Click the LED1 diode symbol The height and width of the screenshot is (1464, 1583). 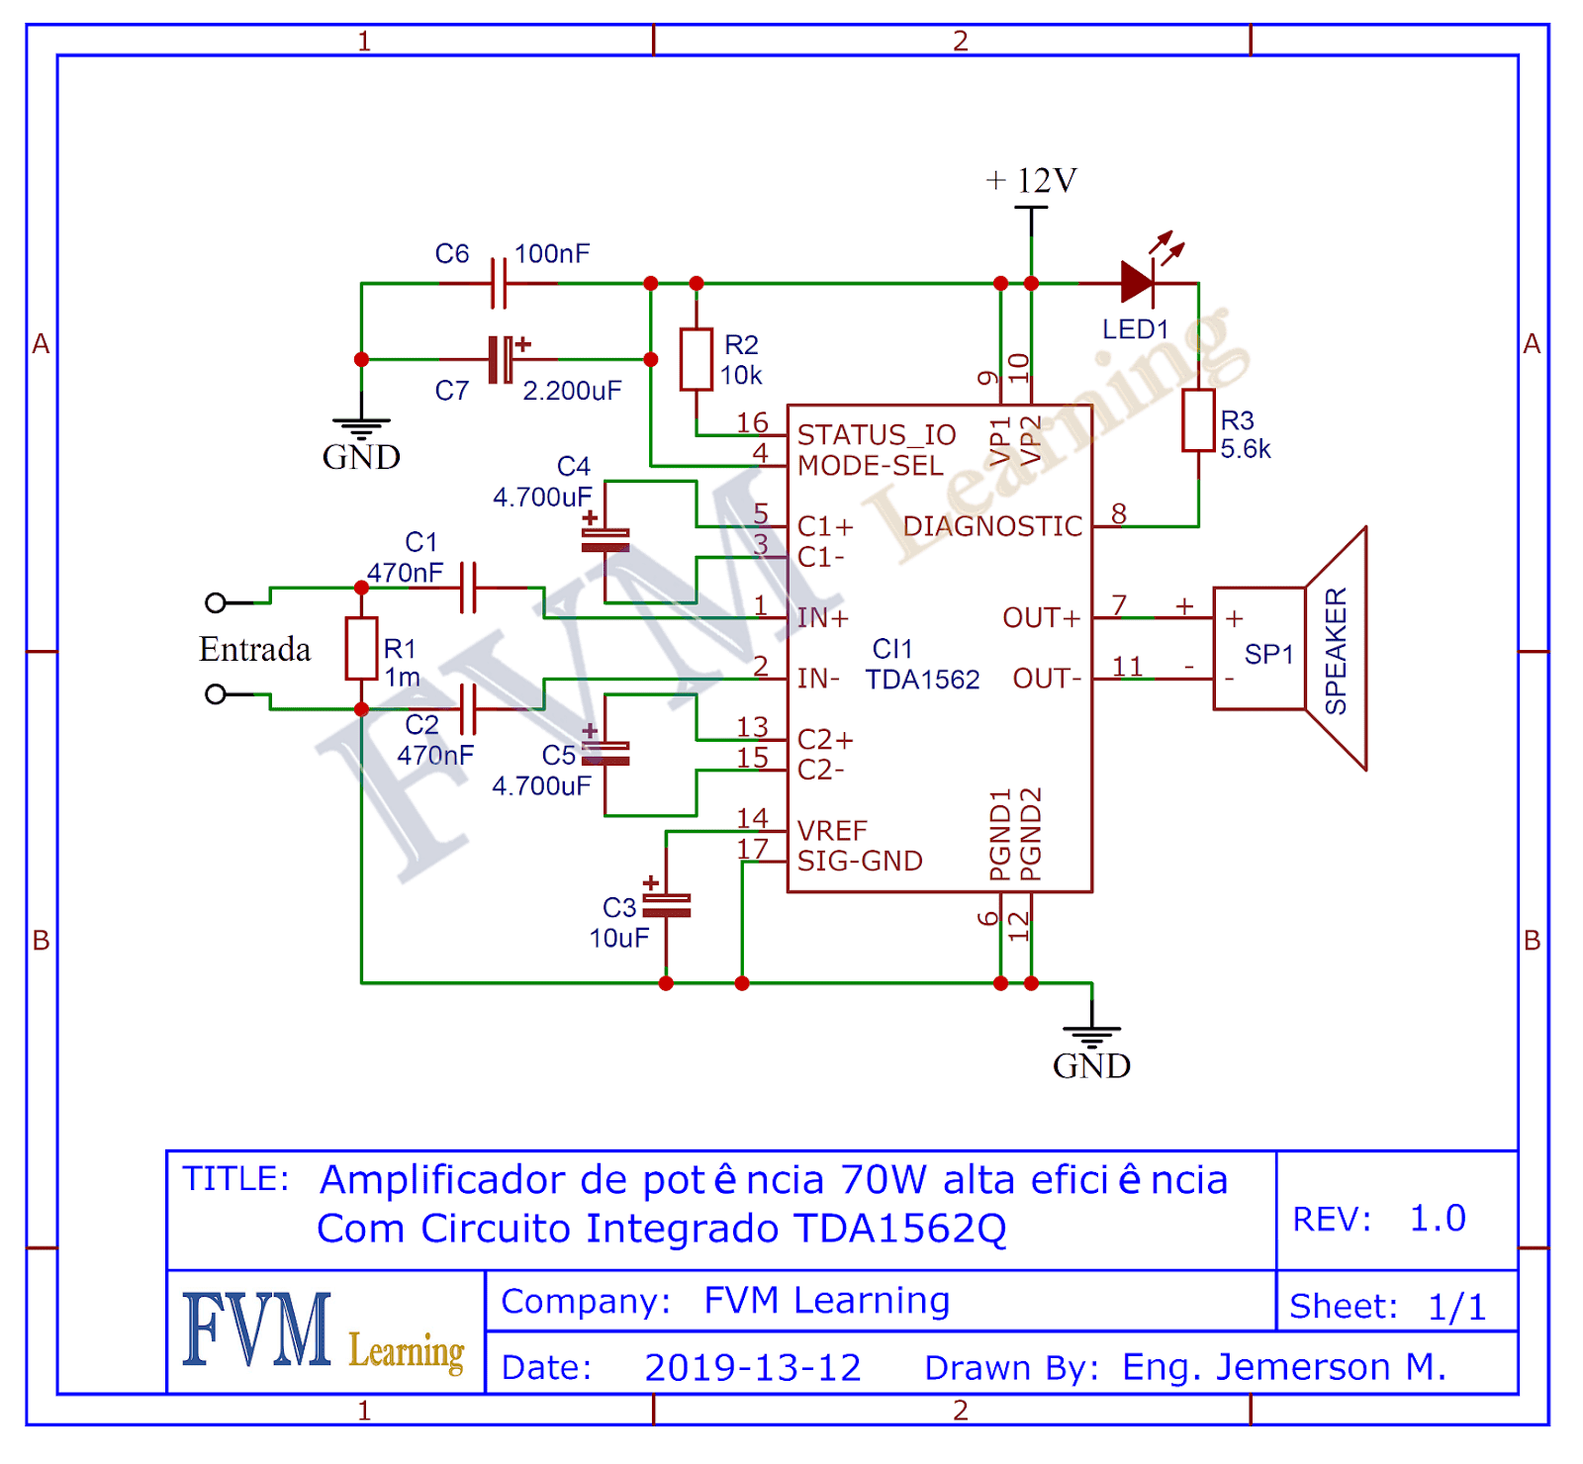pos(1137,283)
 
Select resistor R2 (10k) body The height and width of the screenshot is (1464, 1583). pos(696,359)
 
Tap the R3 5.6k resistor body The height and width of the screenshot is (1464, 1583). pos(1198,420)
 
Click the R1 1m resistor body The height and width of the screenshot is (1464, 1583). pos(361,648)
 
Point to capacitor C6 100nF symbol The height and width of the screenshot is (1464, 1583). pos(499,284)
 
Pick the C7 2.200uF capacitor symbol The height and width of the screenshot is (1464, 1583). pos(501,359)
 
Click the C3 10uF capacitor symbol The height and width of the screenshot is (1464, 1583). pos(666,905)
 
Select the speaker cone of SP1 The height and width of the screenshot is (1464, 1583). pos(1337,649)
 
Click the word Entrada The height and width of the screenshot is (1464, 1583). pos(254,649)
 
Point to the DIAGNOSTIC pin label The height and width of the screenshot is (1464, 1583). pos(992,526)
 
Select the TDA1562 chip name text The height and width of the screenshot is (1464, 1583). pos(922,680)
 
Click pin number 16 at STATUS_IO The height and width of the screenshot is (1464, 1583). pos(752,422)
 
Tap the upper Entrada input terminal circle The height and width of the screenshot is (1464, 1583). pos(215,602)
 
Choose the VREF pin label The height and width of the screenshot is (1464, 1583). pos(832,830)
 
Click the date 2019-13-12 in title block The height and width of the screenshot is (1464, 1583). pos(752,1367)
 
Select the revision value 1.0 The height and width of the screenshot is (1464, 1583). pos(1437,1218)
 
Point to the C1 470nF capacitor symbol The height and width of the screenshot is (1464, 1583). pos(468,588)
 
